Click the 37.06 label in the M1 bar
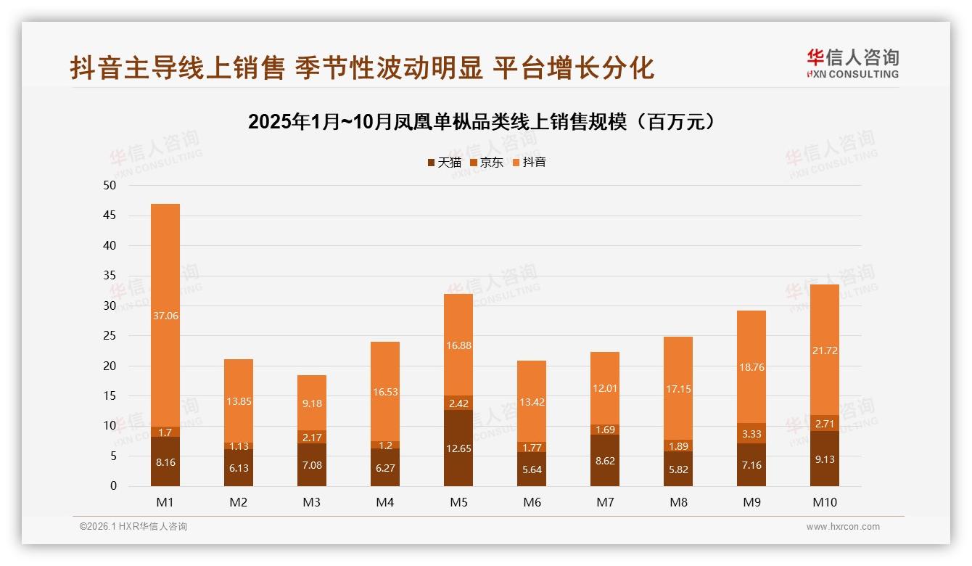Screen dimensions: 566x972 pos(165,316)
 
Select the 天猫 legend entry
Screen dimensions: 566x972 pos(444,163)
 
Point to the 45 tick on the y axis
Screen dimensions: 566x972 pos(110,216)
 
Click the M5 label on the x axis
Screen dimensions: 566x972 pos(458,502)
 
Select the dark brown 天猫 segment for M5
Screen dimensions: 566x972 pos(458,448)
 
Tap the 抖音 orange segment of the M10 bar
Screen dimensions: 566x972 pos(824,350)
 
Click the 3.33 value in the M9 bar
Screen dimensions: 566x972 pos(751,434)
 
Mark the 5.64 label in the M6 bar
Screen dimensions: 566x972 pos(532,469)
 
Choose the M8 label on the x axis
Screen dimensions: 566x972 pos(677,502)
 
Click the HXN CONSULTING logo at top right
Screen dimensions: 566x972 pos(852,64)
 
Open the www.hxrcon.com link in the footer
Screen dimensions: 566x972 pos(843,527)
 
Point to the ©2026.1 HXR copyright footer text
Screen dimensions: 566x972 pos(133,527)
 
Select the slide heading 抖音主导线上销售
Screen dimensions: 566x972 pos(362,67)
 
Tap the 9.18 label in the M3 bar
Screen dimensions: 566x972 pos(312,403)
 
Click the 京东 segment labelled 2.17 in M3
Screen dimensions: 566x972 pos(312,438)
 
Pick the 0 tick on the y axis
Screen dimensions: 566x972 pos(112,486)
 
